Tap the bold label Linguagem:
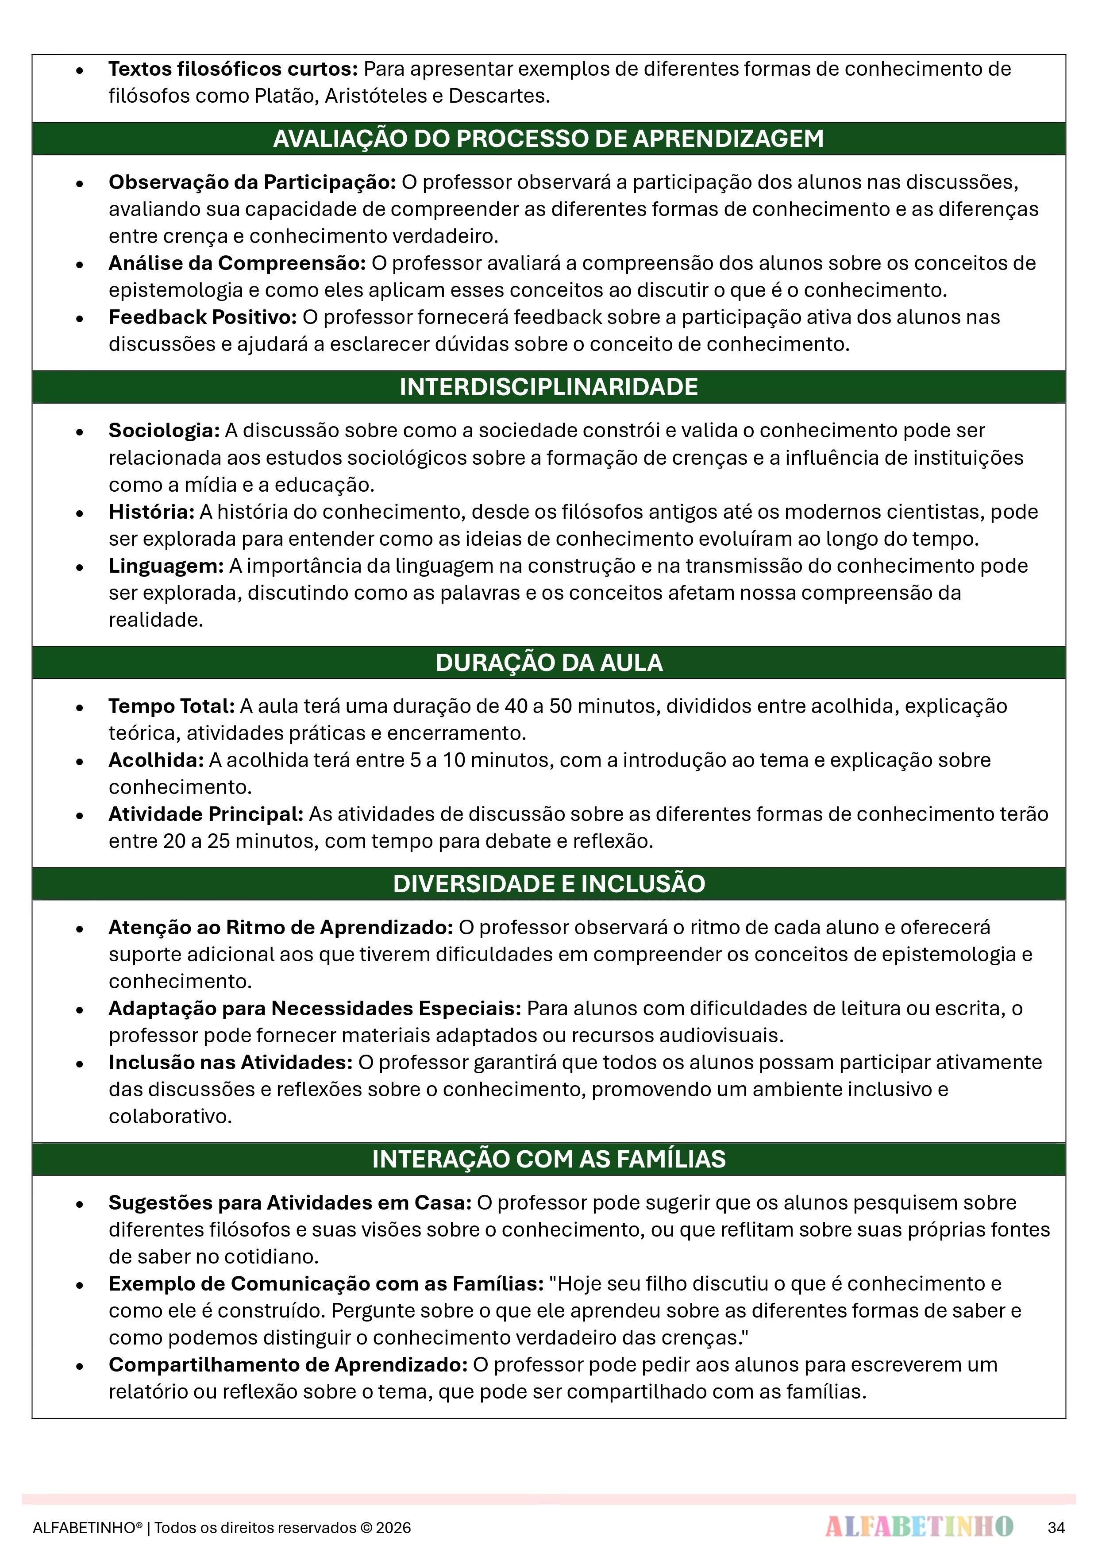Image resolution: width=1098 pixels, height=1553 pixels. [x=166, y=566]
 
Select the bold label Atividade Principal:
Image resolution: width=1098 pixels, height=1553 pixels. [x=206, y=814]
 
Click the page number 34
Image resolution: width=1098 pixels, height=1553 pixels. [x=1056, y=1527]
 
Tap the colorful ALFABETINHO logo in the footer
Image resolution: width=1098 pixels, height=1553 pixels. [x=919, y=1526]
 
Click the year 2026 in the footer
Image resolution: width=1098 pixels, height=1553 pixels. [x=394, y=1527]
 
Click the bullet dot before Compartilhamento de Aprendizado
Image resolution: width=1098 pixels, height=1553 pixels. [x=80, y=1366]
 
